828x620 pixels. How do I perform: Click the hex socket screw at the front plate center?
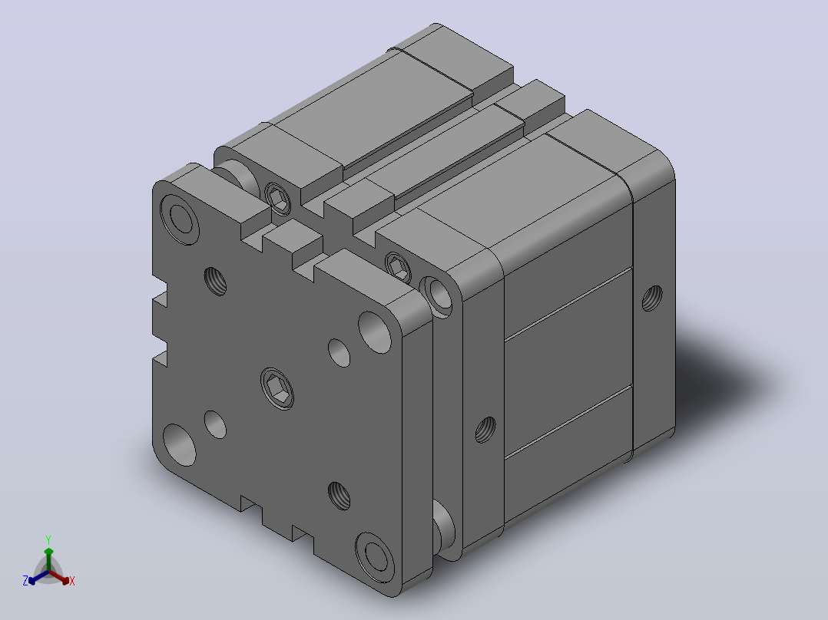point(277,389)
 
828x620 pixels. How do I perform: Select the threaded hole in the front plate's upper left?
point(215,282)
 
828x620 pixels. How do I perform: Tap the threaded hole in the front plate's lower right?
point(339,496)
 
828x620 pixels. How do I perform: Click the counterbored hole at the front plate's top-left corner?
point(180,219)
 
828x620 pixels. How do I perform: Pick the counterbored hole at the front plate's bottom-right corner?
point(375,559)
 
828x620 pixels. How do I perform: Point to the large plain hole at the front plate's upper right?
point(375,332)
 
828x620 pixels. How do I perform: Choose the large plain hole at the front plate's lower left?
point(180,445)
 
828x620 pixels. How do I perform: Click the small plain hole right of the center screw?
point(339,353)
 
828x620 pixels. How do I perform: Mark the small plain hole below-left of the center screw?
point(215,425)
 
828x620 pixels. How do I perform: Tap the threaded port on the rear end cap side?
point(652,298)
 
